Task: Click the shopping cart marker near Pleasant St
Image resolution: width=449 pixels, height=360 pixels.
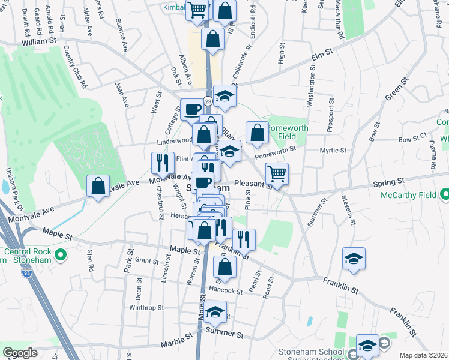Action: click(277, 174)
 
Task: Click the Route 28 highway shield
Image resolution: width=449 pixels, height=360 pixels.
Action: click(207, 102)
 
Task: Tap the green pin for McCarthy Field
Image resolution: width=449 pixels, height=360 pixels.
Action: click(444, 194)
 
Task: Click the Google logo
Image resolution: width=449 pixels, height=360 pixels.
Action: click(20, 353)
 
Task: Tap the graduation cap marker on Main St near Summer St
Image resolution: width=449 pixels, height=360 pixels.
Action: click(214, 313)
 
